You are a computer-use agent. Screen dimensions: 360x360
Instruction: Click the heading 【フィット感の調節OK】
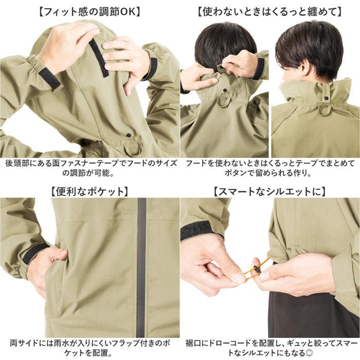coord(90,12)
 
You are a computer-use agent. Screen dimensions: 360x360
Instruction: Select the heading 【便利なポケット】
coord(89,191)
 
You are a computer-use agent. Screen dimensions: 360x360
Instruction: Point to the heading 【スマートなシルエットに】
coord(269,191)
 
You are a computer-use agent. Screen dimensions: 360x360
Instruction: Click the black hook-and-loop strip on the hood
coord(99,58)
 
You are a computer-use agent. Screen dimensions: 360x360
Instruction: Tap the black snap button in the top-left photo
coord(129,135)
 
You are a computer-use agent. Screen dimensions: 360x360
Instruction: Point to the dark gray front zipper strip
coord(141,267)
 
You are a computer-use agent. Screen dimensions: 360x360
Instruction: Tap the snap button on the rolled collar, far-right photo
coord(326,98)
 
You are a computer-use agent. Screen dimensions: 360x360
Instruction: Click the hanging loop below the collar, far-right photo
coord(325,110)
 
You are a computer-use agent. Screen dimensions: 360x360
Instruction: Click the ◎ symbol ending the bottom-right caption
coord(309,353)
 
